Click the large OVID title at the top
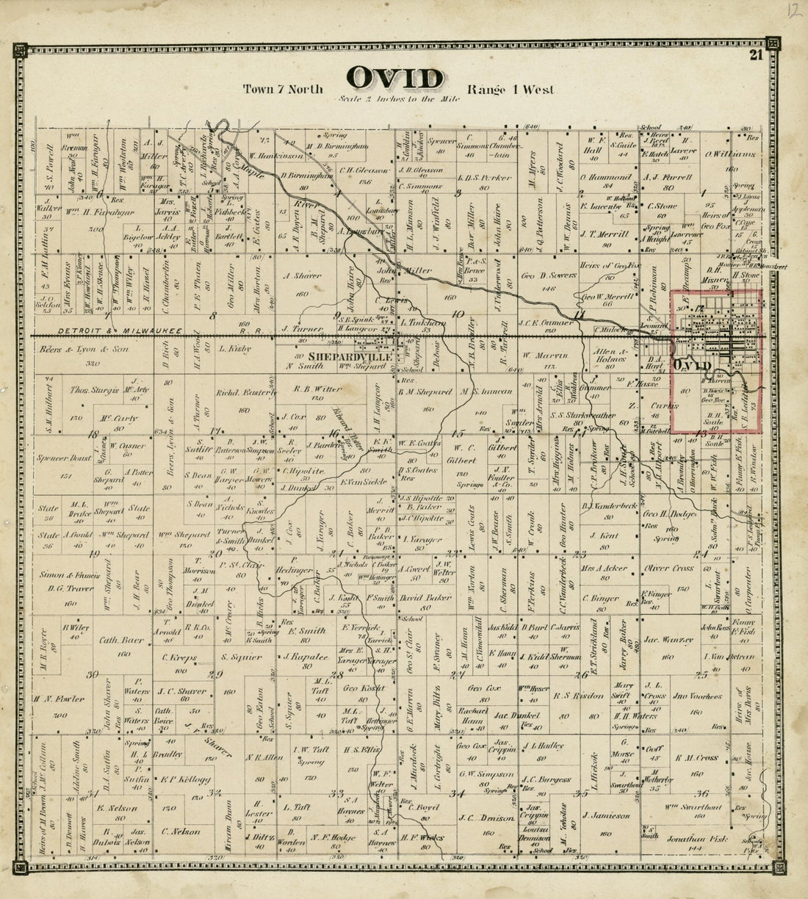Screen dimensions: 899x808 coord(395,77)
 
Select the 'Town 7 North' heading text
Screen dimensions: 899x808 coord(284,90)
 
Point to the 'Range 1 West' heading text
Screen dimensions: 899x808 coord(510,90)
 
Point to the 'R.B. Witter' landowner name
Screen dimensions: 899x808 coord(314,389)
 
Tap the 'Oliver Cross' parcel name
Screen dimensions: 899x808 coord(668,568)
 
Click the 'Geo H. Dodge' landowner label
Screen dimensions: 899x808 coord(670,514)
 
